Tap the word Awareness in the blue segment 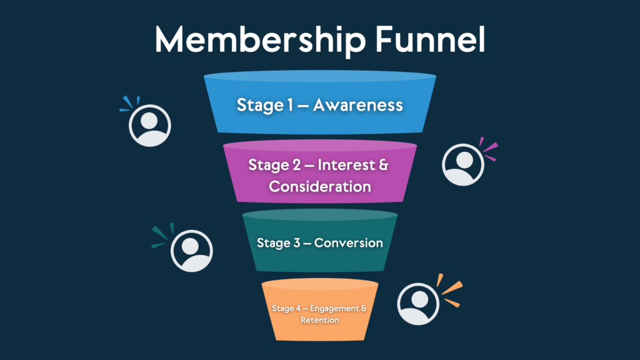(357, 104)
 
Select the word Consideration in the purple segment (320, 186)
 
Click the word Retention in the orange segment (320, 320)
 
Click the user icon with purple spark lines (463, 164)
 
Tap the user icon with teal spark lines (192, 251)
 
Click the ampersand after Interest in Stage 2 (383, 165)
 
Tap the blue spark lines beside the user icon (128, 104)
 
